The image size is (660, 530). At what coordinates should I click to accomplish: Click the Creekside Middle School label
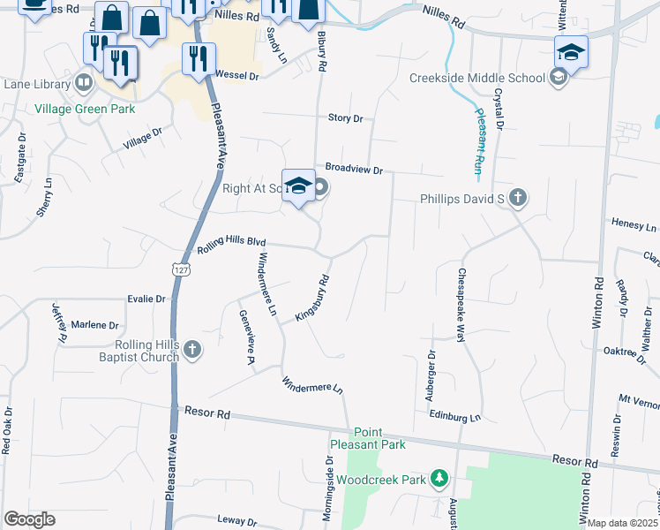click(x=477, y=78)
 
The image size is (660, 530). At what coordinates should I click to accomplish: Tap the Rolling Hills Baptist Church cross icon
click(x=193, y=351)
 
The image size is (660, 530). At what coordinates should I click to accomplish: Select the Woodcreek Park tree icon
click(x=439, y=479)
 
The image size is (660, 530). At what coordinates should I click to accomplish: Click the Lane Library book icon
click(x=84, y=84)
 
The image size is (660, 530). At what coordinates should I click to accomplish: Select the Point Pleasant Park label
click(x=367, y=438)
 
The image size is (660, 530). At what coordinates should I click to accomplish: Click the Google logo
click(x=29, y=519)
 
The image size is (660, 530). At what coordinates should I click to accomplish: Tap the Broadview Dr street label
click(x=354, y=169)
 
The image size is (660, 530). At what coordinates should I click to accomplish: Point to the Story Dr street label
click(x=345, y=117)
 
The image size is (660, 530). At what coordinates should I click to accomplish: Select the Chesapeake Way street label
click(x=460, y=306)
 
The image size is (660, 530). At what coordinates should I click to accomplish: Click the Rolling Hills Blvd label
click(x=231, y=245)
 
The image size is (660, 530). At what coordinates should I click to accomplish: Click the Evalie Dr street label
click(x=146, y=299)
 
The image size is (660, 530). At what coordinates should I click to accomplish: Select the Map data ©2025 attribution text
click(x=622, y=523)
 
